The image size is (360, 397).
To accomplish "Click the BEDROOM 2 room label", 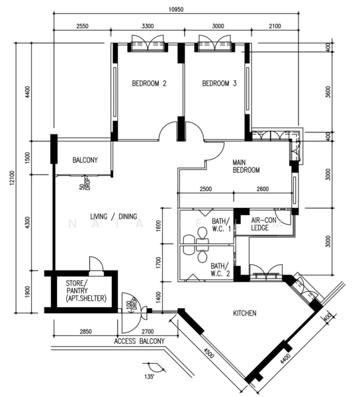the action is point(149,83).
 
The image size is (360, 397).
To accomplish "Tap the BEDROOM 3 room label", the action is point(219,83).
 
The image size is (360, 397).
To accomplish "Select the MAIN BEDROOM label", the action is point(246,166).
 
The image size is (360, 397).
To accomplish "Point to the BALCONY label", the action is point(85,160).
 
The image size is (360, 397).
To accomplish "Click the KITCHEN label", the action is point(245,314).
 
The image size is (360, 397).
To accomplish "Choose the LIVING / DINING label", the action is point(114,216).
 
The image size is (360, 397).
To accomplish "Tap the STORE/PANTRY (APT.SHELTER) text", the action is point(86,290).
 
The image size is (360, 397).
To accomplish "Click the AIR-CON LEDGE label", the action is point(263,224).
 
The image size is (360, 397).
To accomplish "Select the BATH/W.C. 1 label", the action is point(222,225).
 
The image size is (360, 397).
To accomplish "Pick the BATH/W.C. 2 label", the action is point(220,270).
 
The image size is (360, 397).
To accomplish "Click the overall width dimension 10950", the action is point(176,10).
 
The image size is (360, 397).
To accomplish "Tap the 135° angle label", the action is point(150,376).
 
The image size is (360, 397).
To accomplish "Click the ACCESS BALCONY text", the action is point(139,341).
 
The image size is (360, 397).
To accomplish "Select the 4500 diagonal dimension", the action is point(209,353).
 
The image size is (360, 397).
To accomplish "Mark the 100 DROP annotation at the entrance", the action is point(132,303).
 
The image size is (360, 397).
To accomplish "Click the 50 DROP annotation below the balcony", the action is point(85,183).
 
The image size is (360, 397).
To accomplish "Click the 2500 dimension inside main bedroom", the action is point(206,189).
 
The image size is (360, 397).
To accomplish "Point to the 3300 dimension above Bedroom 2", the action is point(148,26).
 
